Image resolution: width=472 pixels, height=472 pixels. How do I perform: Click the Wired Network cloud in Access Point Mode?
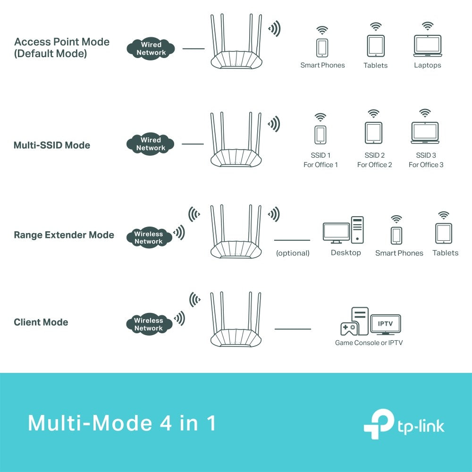(x=151, y=49)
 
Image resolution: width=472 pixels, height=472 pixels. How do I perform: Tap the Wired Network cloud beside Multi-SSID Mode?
(x=151, y=144)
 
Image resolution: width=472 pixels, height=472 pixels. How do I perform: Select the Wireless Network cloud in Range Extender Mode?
(x=148, y=238)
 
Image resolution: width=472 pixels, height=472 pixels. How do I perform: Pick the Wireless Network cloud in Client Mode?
(x=148, y=324)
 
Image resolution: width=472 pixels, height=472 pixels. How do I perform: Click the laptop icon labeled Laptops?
(x=427, y=46)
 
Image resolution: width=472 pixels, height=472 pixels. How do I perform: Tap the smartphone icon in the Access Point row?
(x=322, y=47)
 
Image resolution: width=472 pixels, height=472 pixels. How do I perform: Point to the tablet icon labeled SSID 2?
(x=373, y=133)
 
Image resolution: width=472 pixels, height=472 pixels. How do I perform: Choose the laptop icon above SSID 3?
(x=425, y=133)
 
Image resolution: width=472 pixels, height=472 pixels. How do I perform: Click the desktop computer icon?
(x=343, y=230)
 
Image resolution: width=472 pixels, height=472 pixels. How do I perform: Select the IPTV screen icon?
(x=386, y=324)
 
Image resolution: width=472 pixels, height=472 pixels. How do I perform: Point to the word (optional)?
(x=293, y=253)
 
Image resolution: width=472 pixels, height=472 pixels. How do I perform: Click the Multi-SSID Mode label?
(x=52, y=145)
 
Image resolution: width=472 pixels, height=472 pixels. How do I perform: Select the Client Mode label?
(x=41, y=322)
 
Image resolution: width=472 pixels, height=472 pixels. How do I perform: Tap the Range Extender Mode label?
(x=64, y=235)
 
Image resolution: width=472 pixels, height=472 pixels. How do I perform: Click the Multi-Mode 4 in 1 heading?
(x=122, y=423)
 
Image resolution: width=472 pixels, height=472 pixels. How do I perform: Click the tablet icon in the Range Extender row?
(x=444, y=233)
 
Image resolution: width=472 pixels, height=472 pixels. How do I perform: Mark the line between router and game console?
(x=293, y=329)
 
